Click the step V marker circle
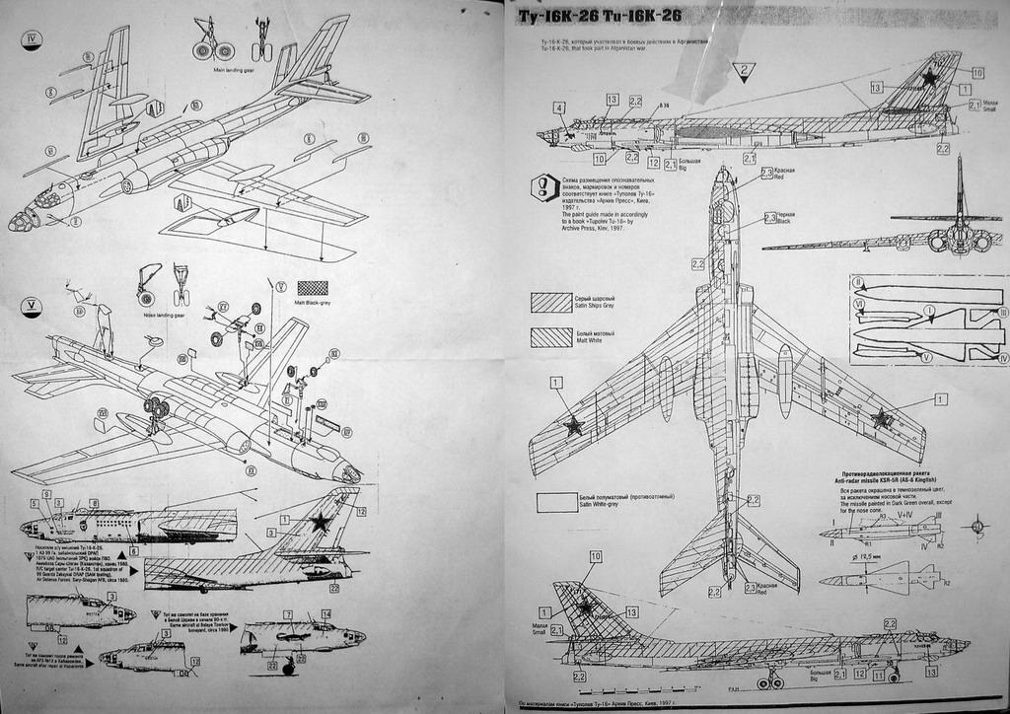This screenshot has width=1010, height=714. click(33, 304)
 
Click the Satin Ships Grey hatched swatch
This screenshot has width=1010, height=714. click(550, 302)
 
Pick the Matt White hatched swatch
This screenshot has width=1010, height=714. click(550, 337)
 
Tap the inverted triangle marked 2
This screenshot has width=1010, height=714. click(744, 71)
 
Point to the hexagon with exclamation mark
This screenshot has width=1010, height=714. click(543, 187)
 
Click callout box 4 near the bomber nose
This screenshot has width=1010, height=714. click(558, 107)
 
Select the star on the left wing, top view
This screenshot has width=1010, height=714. click(572, 426)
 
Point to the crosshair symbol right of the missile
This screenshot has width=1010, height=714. click(976, 527)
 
